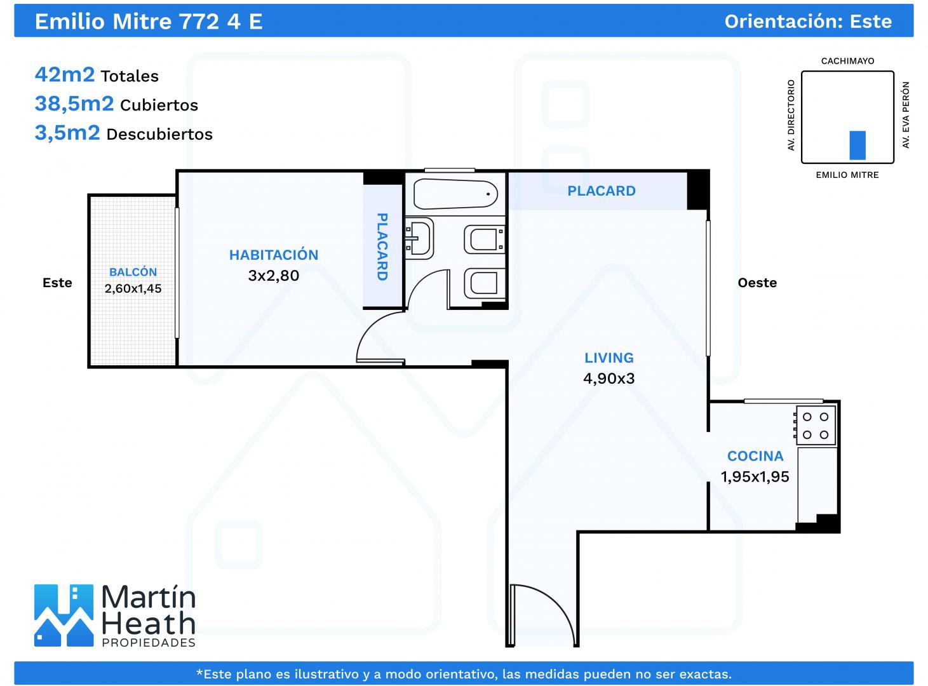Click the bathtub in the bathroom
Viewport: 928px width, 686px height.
tap(455, 194)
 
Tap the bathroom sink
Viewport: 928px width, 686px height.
tap(419, 238)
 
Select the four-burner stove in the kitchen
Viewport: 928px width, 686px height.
tap(814, 426)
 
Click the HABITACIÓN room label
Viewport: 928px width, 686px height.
tap(274, 255)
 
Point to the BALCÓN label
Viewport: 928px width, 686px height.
tap(133, 272)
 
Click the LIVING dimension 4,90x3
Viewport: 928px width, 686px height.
tap(609, 379)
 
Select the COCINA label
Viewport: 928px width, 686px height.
tap(755, 456)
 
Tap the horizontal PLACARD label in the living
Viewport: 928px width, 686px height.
tap(602, 191)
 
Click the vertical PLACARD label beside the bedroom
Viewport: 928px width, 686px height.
tap(382, 247)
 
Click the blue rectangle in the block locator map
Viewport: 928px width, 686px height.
tap(857, 145)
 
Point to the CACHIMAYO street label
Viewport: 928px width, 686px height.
tap(848, 61)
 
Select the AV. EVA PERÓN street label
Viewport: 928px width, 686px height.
tap(906, 115)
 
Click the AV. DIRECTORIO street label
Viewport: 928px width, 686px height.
tap(791, 115)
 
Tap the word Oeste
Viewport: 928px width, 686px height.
tap(757, 283)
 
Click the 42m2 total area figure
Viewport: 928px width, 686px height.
tap(65, 74)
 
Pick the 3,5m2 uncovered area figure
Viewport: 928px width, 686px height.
tap(67, 133)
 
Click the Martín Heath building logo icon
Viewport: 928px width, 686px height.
tap(64, 615)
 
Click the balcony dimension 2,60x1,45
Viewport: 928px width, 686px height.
tap(133, 288)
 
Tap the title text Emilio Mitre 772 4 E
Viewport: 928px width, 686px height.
tap(149, 22)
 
